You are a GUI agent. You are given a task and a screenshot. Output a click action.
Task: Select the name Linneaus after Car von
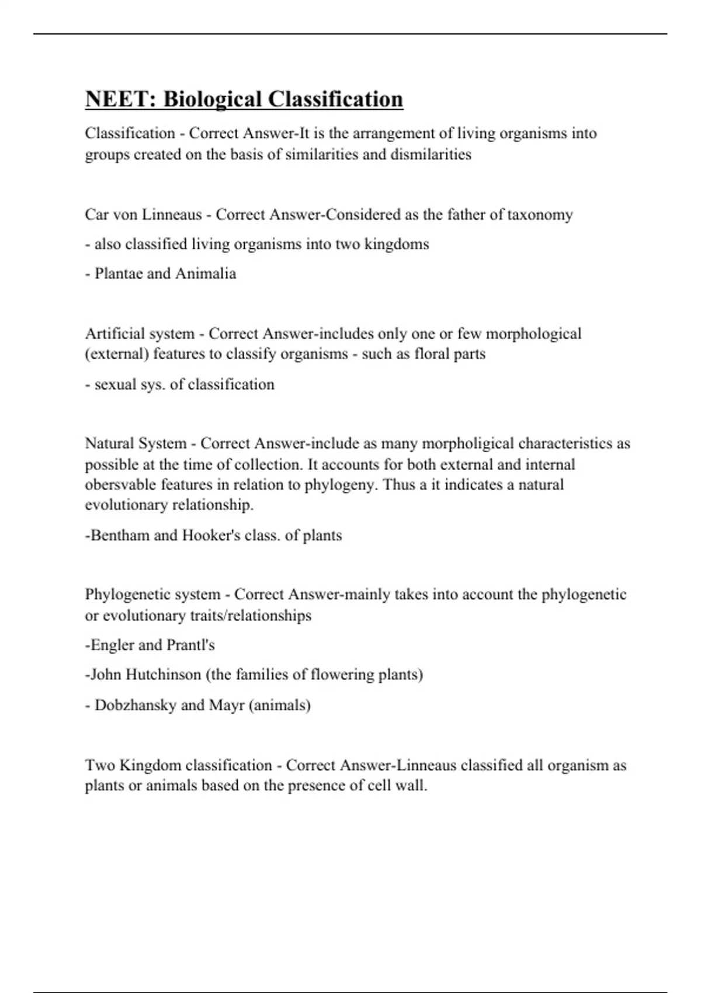tap(172, 214)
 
